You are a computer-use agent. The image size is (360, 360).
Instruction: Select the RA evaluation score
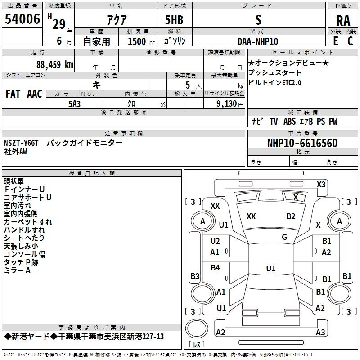pyautogui.click(x=343, y=21)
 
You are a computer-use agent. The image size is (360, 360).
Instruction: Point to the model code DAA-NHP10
pyautogui.click(x=258, y=41)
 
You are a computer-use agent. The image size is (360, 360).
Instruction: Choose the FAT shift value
pyautogui.click(x=13, y=94)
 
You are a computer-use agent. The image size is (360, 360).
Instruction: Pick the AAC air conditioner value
pyautogui.click(x=35, y=94)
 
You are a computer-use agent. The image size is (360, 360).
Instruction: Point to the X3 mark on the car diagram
pyautogui.click(x=321, y=184)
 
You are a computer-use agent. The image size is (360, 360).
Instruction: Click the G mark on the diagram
pyautogui.click(x=284, y=237)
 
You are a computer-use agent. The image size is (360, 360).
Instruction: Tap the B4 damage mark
pyautogui.click(x=215, y=268)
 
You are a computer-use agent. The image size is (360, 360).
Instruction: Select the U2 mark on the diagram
pyautogui.click(x=215, y=241)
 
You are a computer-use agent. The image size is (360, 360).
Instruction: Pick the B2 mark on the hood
pyautogui.click(x=291, y=216)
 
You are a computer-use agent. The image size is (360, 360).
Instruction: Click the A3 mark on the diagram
pyautogui.click(x=320, y=333)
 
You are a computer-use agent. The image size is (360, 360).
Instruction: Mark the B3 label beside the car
pyautogui.click(x=195, y=276)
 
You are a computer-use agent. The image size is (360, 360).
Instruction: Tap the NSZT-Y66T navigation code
pyautogui.click(x=22, y=143)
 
